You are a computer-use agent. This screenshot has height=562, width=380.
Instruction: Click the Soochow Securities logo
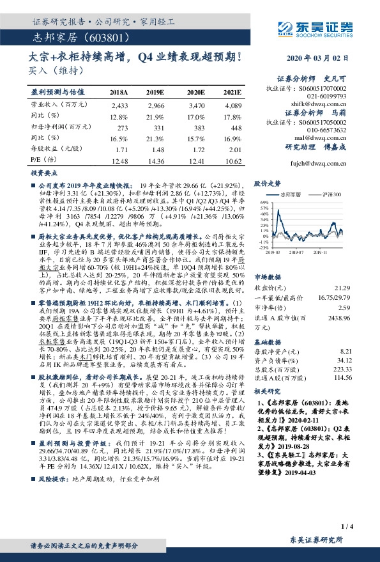pyautogui.click(x=315, y=27)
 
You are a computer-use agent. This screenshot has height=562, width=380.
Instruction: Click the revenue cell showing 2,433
pyautogui.click(x=119, y=105)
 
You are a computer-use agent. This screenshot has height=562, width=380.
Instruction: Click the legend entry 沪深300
pyautogui.click(x=333, y=193)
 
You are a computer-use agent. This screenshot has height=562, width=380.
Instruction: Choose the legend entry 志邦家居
pyautogui.click(x=291, y=193)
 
